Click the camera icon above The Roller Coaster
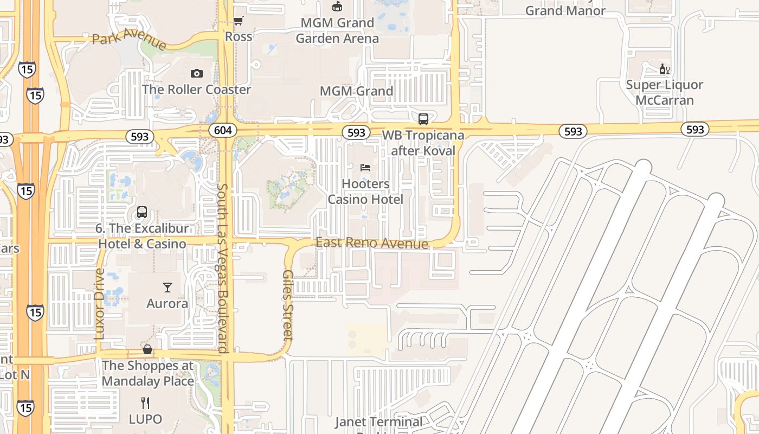pos(196,73)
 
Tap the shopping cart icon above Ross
pos(238,21)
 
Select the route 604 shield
pos(223,130)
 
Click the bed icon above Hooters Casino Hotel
pos(365,167)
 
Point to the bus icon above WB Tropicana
pos(423,119)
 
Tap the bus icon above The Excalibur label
pos(142,212)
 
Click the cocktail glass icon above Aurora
pos(167,287)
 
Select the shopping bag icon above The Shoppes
pos(147,349)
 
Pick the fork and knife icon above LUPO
pos(145,403)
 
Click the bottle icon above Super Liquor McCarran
pos(664,69)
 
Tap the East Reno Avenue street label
pos(372,243)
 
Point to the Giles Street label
pos(288,305)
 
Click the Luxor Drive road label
pos(99,304)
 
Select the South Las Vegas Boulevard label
pos(223,268)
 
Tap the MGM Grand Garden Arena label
pos(337,30)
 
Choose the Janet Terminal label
pos(378,422)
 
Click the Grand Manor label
pos(565,10)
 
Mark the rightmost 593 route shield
pos(695,129)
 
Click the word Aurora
pos(167,303)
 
